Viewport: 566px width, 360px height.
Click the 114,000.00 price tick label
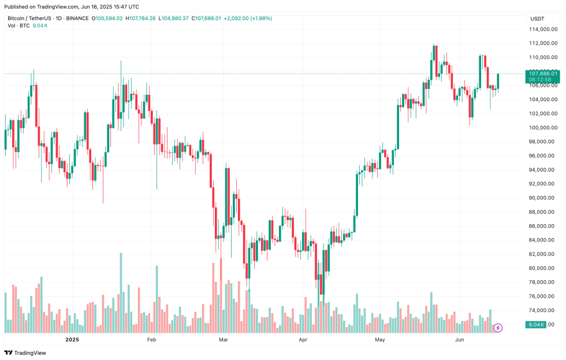(x=543, y=29)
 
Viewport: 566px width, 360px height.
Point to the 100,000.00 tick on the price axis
(x=543, y=128)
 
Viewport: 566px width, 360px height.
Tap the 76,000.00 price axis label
(x=543, y=296)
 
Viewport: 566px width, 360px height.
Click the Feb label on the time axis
(x=151, y=340)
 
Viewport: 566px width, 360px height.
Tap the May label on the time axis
(x=379, y=340)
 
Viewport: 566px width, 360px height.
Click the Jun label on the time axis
(x=460, y=340)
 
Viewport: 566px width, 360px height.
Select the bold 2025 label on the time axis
(x=72, y=340)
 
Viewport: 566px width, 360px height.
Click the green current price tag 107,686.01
(x=543, y=73)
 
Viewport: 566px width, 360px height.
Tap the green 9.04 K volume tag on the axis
(x=535, y=325)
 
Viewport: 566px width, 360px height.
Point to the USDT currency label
(x=537, y=18)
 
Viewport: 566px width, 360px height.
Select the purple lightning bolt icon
(x=498, y=328)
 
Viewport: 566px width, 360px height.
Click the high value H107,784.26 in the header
(x=149, y=18)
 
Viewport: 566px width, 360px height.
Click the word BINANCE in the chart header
(x=78, y=18)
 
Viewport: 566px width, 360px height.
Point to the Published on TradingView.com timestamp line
(x=72, y=6)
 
